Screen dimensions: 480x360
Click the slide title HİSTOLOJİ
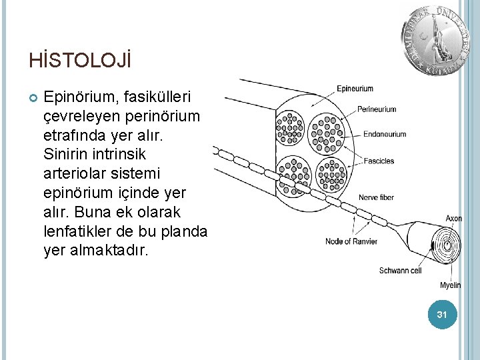[80, 61]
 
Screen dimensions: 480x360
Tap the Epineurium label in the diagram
[355, 89]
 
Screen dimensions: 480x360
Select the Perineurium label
[377, 109]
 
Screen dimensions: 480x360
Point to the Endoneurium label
[385, 134]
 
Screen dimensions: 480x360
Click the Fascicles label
[379, 161]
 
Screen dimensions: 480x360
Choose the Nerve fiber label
[376, 197]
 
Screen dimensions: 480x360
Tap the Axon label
[453, 218]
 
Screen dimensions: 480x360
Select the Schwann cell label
[400, 271]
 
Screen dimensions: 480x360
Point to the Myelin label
[450, 285]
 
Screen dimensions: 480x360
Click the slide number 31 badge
[441, 314]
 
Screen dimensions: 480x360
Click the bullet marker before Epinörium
[33, 97]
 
